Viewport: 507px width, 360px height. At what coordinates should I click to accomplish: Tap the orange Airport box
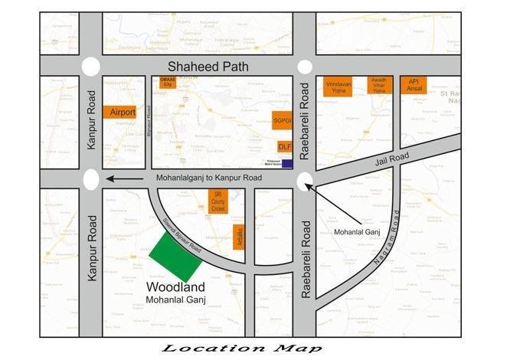123,112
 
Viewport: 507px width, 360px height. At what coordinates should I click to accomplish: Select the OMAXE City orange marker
167,83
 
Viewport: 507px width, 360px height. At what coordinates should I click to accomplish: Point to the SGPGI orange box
283,120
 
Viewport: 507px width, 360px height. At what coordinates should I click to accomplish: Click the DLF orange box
285,146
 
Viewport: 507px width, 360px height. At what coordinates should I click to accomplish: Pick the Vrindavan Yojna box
337,86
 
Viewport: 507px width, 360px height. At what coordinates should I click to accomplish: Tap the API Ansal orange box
414,84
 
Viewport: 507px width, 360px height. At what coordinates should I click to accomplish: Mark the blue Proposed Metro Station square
287,163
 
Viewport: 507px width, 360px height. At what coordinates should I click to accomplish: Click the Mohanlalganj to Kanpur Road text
209,178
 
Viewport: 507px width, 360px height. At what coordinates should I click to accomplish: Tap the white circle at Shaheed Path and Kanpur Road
91,67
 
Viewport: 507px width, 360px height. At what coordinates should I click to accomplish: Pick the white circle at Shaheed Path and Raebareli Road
304,67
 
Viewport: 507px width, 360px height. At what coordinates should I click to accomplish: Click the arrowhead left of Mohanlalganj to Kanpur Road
113,179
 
